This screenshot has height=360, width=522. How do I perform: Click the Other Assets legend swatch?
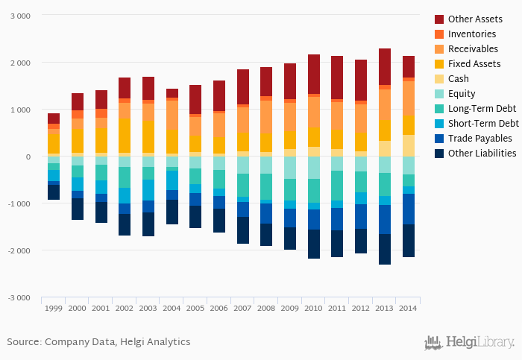[x=439, y=19]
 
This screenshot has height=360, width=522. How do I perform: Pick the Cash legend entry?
[x=459, y=78]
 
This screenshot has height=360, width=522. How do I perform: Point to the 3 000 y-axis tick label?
[x=20, y=16]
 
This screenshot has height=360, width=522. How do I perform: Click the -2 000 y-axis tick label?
[x=19, y=250]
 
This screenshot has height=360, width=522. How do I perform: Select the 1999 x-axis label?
[x=54, y=308]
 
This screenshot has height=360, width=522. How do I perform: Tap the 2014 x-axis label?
[x=408, y=308]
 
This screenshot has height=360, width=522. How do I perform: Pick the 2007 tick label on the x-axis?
[x=242, y=308]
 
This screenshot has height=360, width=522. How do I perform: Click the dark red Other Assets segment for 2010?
[x=313, y=74]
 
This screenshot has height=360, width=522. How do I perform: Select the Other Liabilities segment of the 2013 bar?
[x=384, y=249]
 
